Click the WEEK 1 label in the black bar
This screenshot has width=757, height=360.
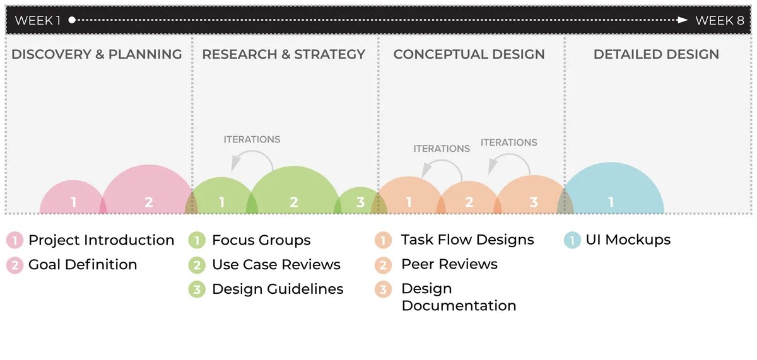(38, 21)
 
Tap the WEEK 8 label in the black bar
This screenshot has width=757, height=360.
(720, 21)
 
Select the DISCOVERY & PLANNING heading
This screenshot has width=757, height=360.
(97, 54)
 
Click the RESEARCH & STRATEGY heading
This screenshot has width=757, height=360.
(283, 54)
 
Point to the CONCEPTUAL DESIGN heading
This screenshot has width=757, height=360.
(469, 54)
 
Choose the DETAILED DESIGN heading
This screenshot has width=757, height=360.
(656, 54)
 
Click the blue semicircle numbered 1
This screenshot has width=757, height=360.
(611, 189)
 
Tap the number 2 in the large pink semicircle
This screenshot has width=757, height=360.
(149, 202)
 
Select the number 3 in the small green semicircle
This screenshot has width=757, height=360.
(361, 202)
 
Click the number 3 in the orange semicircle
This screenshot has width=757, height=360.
(534, 202)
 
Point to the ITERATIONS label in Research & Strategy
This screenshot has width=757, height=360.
(252, 139)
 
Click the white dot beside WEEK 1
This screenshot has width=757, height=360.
(72, 20)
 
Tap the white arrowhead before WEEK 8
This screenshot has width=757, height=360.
(683, 20)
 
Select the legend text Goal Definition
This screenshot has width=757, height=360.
(83, 264)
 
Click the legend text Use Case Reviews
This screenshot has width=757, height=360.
(276, 264)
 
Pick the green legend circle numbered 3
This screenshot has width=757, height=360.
(197, 289)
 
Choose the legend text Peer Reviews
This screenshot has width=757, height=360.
(449, 264)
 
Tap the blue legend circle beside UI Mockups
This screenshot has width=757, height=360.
(573, 240)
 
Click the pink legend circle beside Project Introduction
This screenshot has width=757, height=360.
(15, 240)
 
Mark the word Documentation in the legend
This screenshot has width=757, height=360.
(459, 306)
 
